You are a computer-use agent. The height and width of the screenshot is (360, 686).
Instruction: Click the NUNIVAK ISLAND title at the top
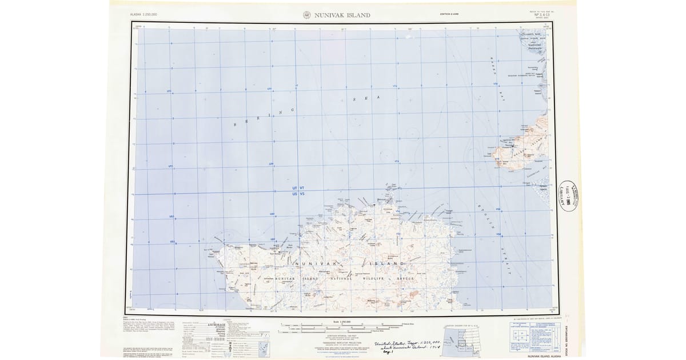pos(342,15)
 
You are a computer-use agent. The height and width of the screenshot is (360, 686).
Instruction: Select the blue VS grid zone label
pos(303,195)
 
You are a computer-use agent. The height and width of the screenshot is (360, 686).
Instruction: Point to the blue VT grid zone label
pos(303,188)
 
